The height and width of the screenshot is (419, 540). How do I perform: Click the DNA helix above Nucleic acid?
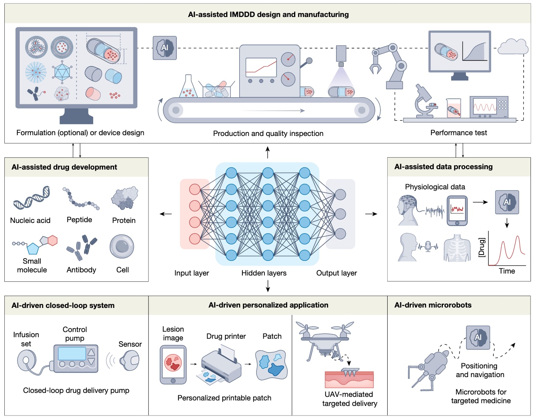pos(32,198)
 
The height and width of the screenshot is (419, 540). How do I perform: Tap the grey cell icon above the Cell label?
pos(122,246)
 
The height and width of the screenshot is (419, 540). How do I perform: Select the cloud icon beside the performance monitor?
pos(513,47)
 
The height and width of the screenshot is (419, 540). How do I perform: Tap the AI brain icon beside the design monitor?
pos(165,48)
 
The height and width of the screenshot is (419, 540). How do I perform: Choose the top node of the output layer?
pos(340,194)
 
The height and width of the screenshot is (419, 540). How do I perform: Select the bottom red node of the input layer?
pos(195,239)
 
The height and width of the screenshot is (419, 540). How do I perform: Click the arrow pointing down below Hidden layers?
pos(268,286)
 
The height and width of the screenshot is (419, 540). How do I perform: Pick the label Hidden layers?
pos(264,273)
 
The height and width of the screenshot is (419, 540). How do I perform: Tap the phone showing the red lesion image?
pos(173,365)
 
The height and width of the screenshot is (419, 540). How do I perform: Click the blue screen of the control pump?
pos(72,353)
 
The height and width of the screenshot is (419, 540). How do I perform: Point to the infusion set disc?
pos(26,360)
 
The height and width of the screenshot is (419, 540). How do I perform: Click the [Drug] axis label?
pos(482,247)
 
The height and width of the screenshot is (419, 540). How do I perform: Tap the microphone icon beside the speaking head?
pos(428,246)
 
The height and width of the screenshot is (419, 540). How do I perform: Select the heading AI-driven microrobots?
pos(433,305)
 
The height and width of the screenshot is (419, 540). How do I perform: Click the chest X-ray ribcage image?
pos(457,248)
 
